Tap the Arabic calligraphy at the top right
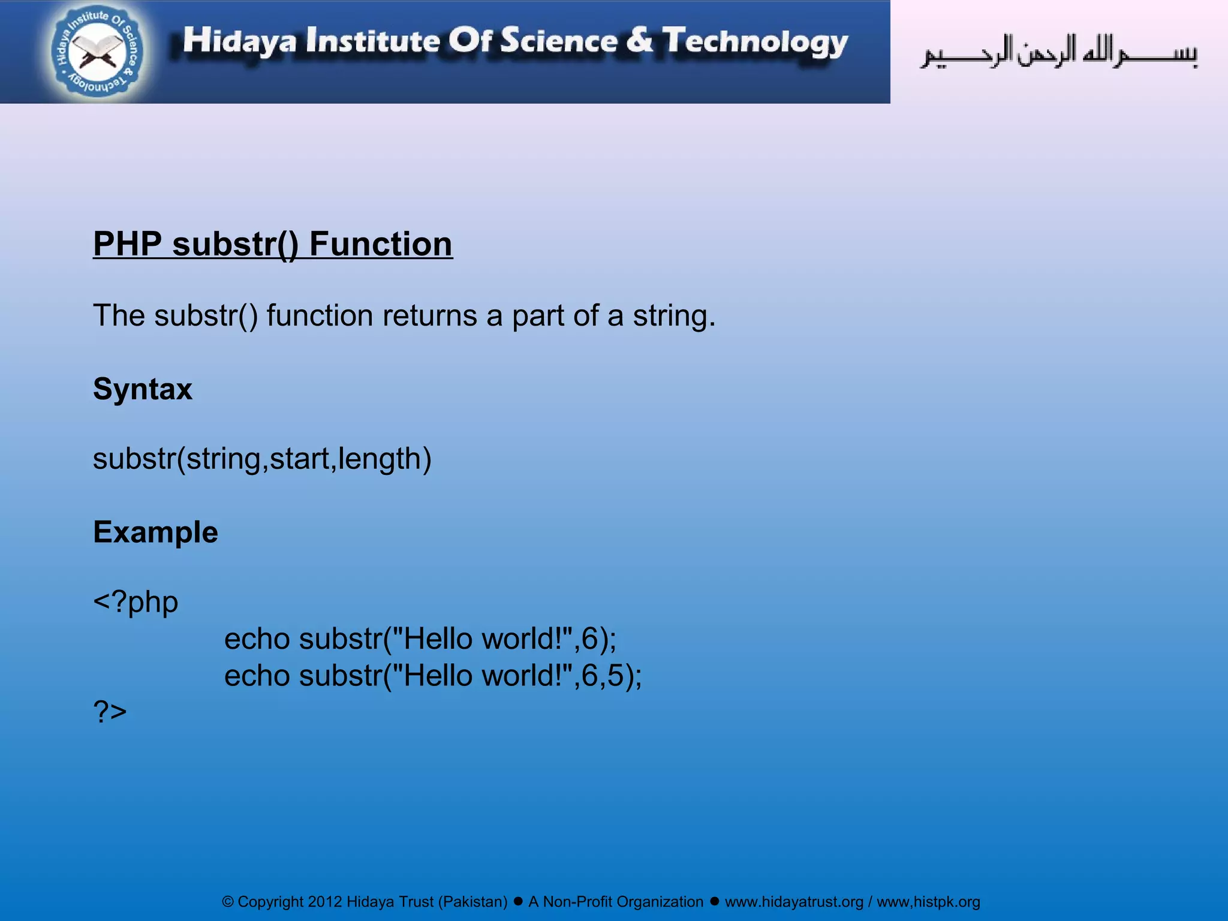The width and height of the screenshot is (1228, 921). [1059, 53]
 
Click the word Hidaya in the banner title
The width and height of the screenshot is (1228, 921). [239, 41]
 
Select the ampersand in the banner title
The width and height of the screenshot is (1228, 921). [640, 40]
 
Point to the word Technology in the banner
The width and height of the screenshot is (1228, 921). [755, 42]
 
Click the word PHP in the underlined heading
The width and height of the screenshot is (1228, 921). [128, 244]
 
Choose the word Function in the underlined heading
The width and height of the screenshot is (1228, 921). [381, 244]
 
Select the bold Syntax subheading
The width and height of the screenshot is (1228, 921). [143, 389]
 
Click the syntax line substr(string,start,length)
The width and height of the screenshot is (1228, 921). [262, 459]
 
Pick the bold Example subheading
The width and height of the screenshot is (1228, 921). [155, 532]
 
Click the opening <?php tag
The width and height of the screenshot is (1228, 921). [136, 601]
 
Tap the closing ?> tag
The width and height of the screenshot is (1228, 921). [110, 712]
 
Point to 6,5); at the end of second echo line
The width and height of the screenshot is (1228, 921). [611, 676]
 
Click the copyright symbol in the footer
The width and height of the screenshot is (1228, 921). [228, 902]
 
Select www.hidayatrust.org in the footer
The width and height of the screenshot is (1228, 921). [794, 902]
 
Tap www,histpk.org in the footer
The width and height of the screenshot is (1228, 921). [928, 902]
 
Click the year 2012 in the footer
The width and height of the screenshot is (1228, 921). [324, 902]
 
